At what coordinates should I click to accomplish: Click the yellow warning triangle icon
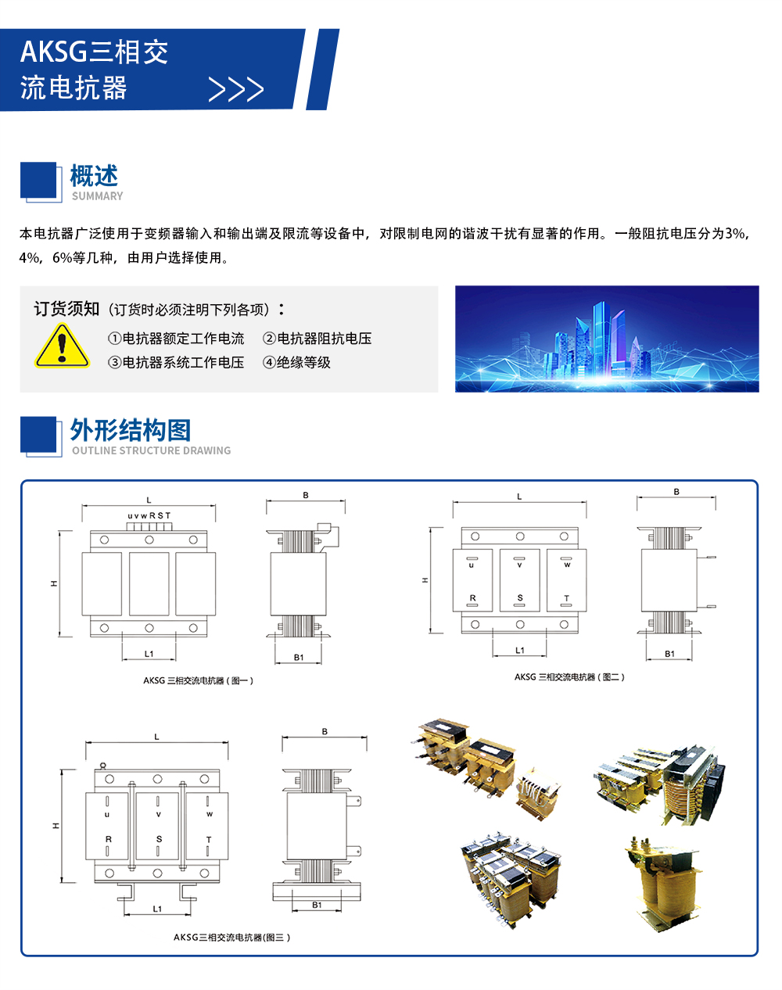pyautogui.click(x=62, y=346)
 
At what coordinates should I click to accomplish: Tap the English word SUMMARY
pyautogui.click(x=98, y=196)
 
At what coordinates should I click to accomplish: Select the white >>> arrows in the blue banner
pyautogui.click(x=236, y=89)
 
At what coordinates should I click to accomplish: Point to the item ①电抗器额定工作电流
pyautogui.click(x=176, y=339)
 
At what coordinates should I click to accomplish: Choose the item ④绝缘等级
pyautogui.click(x=296, y=363)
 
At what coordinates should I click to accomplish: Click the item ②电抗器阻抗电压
pyautogui.click(x=317, y=339)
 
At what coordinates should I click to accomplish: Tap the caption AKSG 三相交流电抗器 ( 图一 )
pyautogui.click(x=199, y=680)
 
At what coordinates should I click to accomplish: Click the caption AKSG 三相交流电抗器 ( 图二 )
pyautogui.click(x=569, y=676)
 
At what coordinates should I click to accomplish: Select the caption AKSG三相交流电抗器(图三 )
pyautogui.click(x=231, y=937)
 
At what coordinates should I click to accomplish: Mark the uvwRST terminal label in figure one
pyautogui.click(x=149, y=515)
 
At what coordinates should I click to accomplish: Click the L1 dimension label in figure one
pyautogui.click(x=149, y=654)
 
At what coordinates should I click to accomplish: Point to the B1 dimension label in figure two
pyautogui.click(x=669, y=654)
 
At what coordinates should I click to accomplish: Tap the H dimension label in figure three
pyautogui.click(x=56, y=826)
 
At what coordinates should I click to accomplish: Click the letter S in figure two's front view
pyautogui.click(x=520, y=597)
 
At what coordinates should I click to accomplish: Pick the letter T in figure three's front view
pyautogui.click(x=209, y=840)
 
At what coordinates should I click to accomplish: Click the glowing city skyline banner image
pyautogui.click(x=607, y=339)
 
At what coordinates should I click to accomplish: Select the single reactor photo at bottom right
pyautogui.click(x=663, y=884)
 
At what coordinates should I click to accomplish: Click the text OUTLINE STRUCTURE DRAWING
pyautogui.click(x=152, y=450)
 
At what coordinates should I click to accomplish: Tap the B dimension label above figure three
pyautogui.click(x=325, y=731)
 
